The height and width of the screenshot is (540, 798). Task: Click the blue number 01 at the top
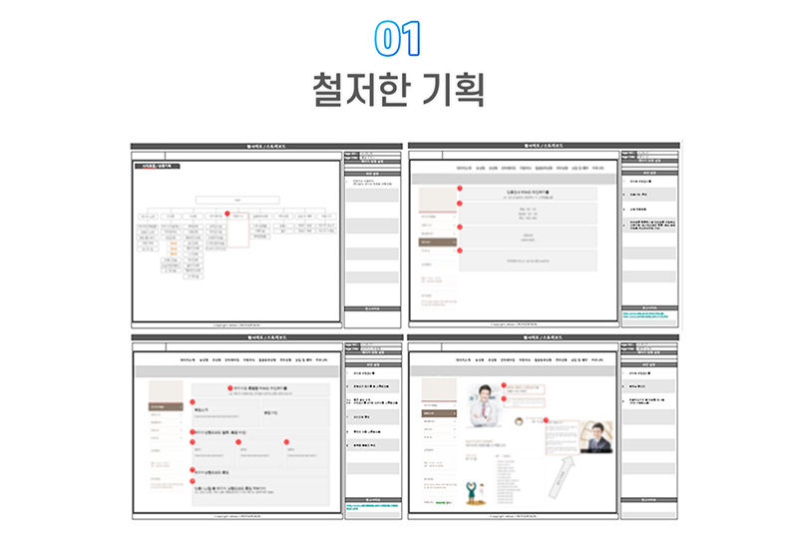(398, 37)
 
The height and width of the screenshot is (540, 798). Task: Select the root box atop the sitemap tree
(237, 199)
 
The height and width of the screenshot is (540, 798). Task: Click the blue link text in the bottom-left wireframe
(370, 506)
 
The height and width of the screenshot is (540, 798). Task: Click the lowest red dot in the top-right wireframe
(459, 251)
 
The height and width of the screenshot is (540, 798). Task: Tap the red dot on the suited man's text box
(547, 422)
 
